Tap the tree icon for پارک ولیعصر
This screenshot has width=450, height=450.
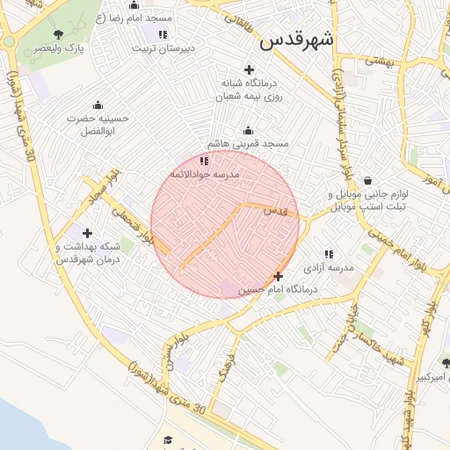point(59,35)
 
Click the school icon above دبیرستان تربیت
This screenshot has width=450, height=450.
point(163,34)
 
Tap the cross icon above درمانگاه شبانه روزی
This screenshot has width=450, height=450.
point(249,69)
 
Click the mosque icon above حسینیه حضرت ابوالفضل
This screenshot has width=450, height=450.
point(98,104)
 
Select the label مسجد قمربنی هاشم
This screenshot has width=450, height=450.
point(247,142)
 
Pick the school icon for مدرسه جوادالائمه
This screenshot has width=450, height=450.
point(204,161)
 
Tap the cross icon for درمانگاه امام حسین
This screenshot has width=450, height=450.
point(279,277)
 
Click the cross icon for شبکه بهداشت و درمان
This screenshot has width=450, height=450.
point(87,233)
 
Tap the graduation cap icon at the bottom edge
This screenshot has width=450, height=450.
point(167,440)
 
